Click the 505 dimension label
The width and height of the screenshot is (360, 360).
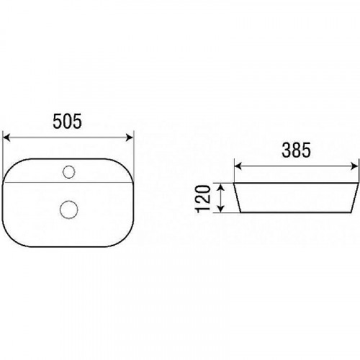pos(67,121)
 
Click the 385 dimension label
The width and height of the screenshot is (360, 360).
pos(296,150)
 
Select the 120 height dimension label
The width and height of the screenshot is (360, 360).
pos(203,199)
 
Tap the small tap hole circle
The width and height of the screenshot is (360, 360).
pos(69,172)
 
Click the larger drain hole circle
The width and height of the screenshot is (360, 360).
pos(69,210)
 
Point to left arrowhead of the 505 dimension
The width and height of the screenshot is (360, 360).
pos(6,138)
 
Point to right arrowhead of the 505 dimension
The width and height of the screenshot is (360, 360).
pos(130,138)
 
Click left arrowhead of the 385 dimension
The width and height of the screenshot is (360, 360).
pos(238,166)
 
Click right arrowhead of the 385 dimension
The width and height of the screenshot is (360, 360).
pos(354,166)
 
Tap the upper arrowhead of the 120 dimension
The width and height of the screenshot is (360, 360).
pos(221,186)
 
